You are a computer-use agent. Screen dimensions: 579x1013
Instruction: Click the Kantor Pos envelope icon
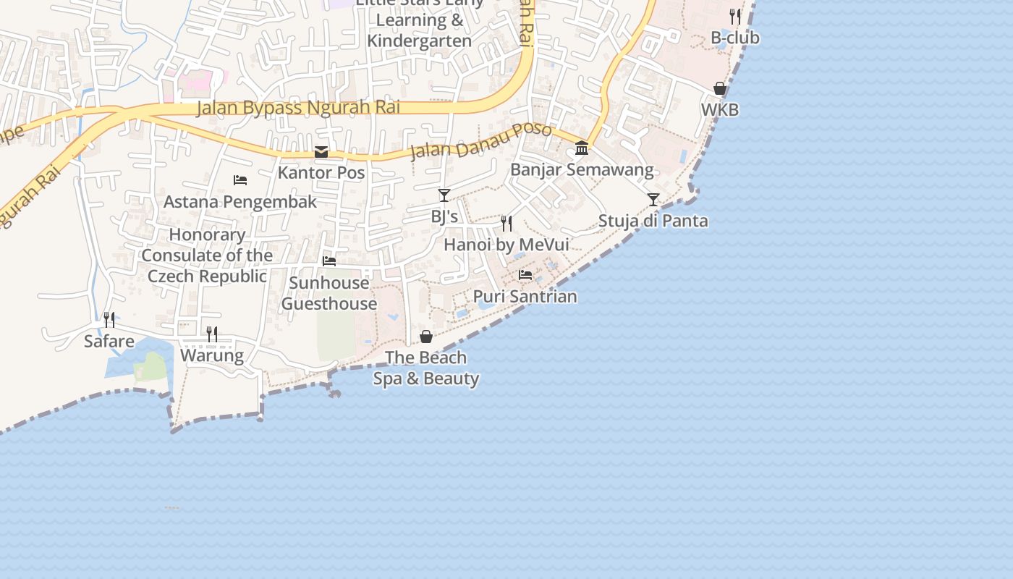pos(321,152)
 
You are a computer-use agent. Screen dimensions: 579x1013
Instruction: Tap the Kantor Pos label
pos(321,173)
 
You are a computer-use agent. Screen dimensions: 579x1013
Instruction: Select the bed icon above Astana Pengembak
pos(240,180)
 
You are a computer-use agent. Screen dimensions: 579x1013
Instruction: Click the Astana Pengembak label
pos(240,201)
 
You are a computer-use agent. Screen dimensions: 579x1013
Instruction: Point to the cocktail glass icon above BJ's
pos(444,195)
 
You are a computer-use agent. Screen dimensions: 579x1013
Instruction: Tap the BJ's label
pos(444,216)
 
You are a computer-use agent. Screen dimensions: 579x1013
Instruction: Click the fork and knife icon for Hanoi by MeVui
pos(506,224)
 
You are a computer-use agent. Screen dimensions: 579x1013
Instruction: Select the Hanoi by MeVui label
pos(506,245)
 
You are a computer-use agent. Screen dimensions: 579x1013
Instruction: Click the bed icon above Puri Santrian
pos(525,275)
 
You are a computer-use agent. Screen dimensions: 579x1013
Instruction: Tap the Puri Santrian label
pos(525,296)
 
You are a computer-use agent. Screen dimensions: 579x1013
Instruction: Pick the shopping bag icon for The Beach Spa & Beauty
pos(426,337)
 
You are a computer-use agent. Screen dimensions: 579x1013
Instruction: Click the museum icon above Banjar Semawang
pos(582,149)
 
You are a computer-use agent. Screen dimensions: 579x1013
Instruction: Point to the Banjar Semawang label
pos(582,170)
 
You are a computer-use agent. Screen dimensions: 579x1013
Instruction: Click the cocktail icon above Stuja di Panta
pos(653,200)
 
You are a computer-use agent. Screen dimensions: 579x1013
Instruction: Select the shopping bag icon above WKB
pos(720,89)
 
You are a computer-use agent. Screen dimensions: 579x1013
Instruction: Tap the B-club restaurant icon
pos(735,16)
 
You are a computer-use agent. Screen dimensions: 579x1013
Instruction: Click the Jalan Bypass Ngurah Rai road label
pos(298,108)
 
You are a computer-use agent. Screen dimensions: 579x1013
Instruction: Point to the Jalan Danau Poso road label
pos(481,141)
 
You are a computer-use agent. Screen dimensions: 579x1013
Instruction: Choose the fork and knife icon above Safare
pos(109,320)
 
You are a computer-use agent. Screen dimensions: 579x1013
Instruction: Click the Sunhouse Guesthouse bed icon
pos(329,261)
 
